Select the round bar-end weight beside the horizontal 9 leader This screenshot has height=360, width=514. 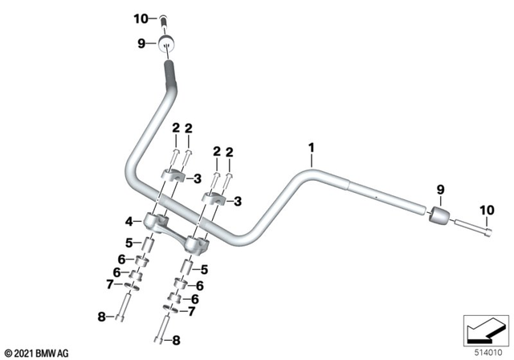pos(167,43)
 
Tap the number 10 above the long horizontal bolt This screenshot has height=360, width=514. pos(484,211)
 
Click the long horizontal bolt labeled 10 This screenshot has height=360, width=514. pos(474,229)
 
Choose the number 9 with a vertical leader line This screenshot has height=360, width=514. pos(439,189)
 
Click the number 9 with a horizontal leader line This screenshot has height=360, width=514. pos(141,44)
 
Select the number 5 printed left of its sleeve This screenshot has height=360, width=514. pos(128,242)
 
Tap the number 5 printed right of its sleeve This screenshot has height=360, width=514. pos(205,269)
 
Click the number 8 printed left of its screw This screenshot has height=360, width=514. pos(102,317)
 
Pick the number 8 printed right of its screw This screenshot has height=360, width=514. pos(177,340)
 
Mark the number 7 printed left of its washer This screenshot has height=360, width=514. pos(109,284)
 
